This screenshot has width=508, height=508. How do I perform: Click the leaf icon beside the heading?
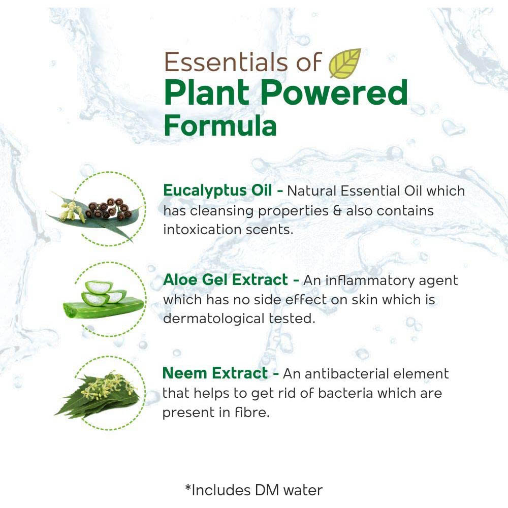click(x=345, y=63)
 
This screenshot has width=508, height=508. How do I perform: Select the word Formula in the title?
click(x=220, y=125)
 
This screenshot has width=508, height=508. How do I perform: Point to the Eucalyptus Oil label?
click(x=217, y=191)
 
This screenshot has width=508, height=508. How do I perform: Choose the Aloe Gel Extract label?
click(x=226, y=280)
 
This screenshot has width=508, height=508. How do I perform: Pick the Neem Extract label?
click(x=215, y=373)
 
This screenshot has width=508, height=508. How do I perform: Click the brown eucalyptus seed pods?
click(x=108, y=209)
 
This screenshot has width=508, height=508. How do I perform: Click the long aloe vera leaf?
click(x=103, y=307)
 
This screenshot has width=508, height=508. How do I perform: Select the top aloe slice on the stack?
click(x=99, y=287)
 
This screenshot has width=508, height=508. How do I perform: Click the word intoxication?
click(x=202, y=230)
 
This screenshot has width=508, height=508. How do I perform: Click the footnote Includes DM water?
click(x=253, y=490)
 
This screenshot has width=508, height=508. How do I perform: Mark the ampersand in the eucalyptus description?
click(x=337, y=211)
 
